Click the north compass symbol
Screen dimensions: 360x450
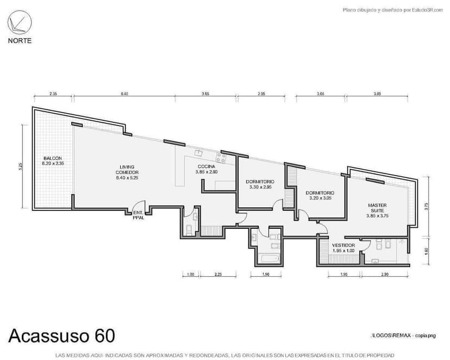click(20, 24)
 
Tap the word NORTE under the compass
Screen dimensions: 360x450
click(20, 41)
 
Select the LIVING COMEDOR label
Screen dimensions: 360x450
click(128, 172)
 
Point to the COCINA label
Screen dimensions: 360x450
click(207, 169)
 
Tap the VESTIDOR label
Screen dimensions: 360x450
click(343, 248)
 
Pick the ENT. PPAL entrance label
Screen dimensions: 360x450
click(138, 214)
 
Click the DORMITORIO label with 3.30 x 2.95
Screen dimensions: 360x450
click(260, 184)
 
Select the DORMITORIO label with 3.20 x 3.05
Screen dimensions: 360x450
click(320, 195)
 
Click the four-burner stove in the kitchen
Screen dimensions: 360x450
click(221, 158)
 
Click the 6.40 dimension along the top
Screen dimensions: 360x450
click(124, 94)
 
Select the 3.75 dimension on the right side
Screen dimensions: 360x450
click(427, 206)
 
